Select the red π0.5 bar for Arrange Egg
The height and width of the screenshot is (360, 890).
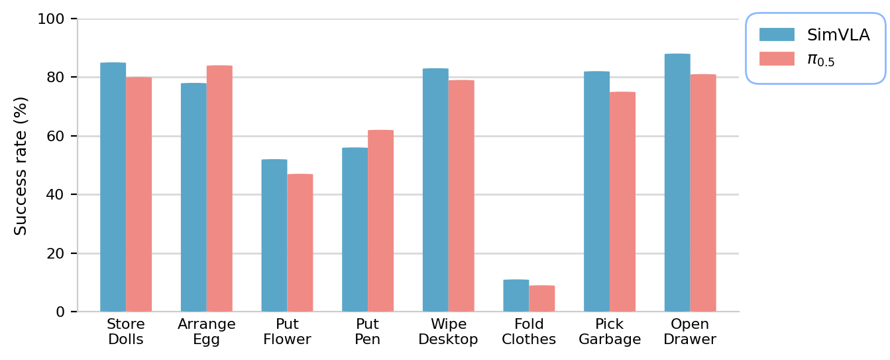click(219, 188)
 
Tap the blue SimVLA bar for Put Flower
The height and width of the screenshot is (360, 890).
click(274, 235)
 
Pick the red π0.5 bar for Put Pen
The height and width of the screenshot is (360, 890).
click(380, 221)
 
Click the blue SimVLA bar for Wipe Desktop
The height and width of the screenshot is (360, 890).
click(435, 190)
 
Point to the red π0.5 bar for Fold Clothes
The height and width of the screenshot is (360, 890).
click(542, 298)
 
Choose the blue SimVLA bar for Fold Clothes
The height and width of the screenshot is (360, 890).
click(516, 296)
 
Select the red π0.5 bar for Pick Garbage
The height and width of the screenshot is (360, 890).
click(622, 202)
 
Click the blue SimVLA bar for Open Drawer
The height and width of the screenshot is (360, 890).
click(677, 182)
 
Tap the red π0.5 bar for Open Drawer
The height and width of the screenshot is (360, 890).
click(703, 193)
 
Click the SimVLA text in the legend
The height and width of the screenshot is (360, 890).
click(838, 35)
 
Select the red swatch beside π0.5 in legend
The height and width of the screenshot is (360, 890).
click(777, 59)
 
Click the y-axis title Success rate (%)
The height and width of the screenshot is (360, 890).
click(21, 166)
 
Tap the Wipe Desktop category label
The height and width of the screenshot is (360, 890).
click(449, 332)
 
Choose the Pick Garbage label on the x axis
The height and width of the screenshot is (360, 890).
click(610, 332)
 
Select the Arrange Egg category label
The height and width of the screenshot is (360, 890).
click(207, 332)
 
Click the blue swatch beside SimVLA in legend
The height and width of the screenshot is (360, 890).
click(777, 34)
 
